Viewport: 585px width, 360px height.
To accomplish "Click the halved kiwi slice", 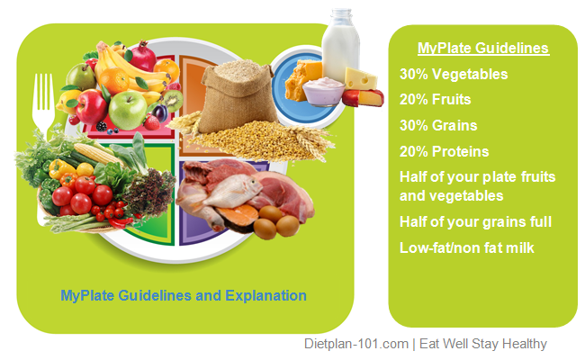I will [x=172, y=97].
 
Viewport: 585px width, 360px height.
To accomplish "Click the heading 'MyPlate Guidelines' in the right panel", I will [x=482, y=49].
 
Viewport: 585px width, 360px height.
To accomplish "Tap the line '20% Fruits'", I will [x=437, y=100].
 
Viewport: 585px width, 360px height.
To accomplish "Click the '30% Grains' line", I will [x=439, y=126].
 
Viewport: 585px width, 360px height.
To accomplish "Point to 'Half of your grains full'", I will [x=474, y=221].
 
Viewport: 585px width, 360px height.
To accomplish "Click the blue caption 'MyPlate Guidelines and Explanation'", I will [x=184, y=295].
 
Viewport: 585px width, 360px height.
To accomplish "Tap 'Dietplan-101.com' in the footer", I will [x=355, y=344].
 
